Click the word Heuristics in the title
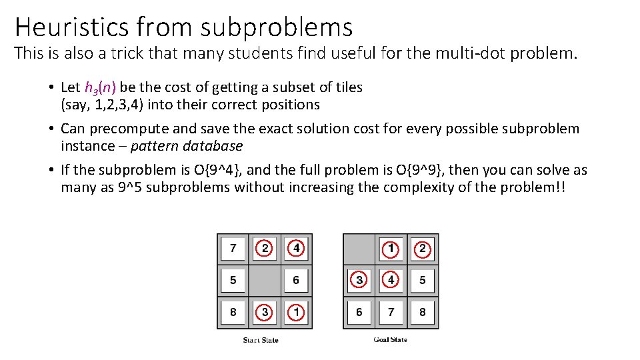[x=71, y=27]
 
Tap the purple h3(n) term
[x=100, y=87]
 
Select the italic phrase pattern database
[x=187, y=146]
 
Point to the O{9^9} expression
[x=382, y=170]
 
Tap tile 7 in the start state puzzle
[x=233, y=249]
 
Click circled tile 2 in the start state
[x=265, y=249]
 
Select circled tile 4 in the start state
[x=296, y=249]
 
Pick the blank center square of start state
[x=265, y=280]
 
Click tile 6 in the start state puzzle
[x=296, y=280]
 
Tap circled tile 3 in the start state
[x=265, y=311]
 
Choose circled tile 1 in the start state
[x=296, y=311]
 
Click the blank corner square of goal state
[x=359, y=249]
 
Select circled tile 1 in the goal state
[x=391, y=249]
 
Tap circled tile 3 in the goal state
[x=359, y=280]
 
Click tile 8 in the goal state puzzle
[x=423, y=311]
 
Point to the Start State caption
[x=261, y=340]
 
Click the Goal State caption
[x=390, y=340]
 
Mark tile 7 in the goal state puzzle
[x=391, y=311]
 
